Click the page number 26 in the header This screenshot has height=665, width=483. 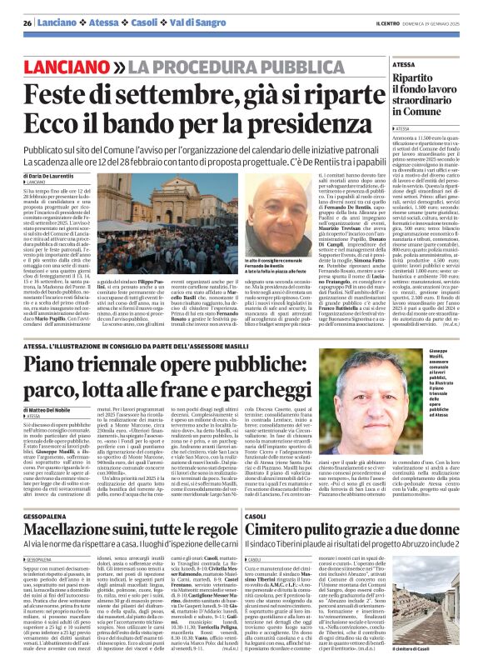click(x=27, y=23)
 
